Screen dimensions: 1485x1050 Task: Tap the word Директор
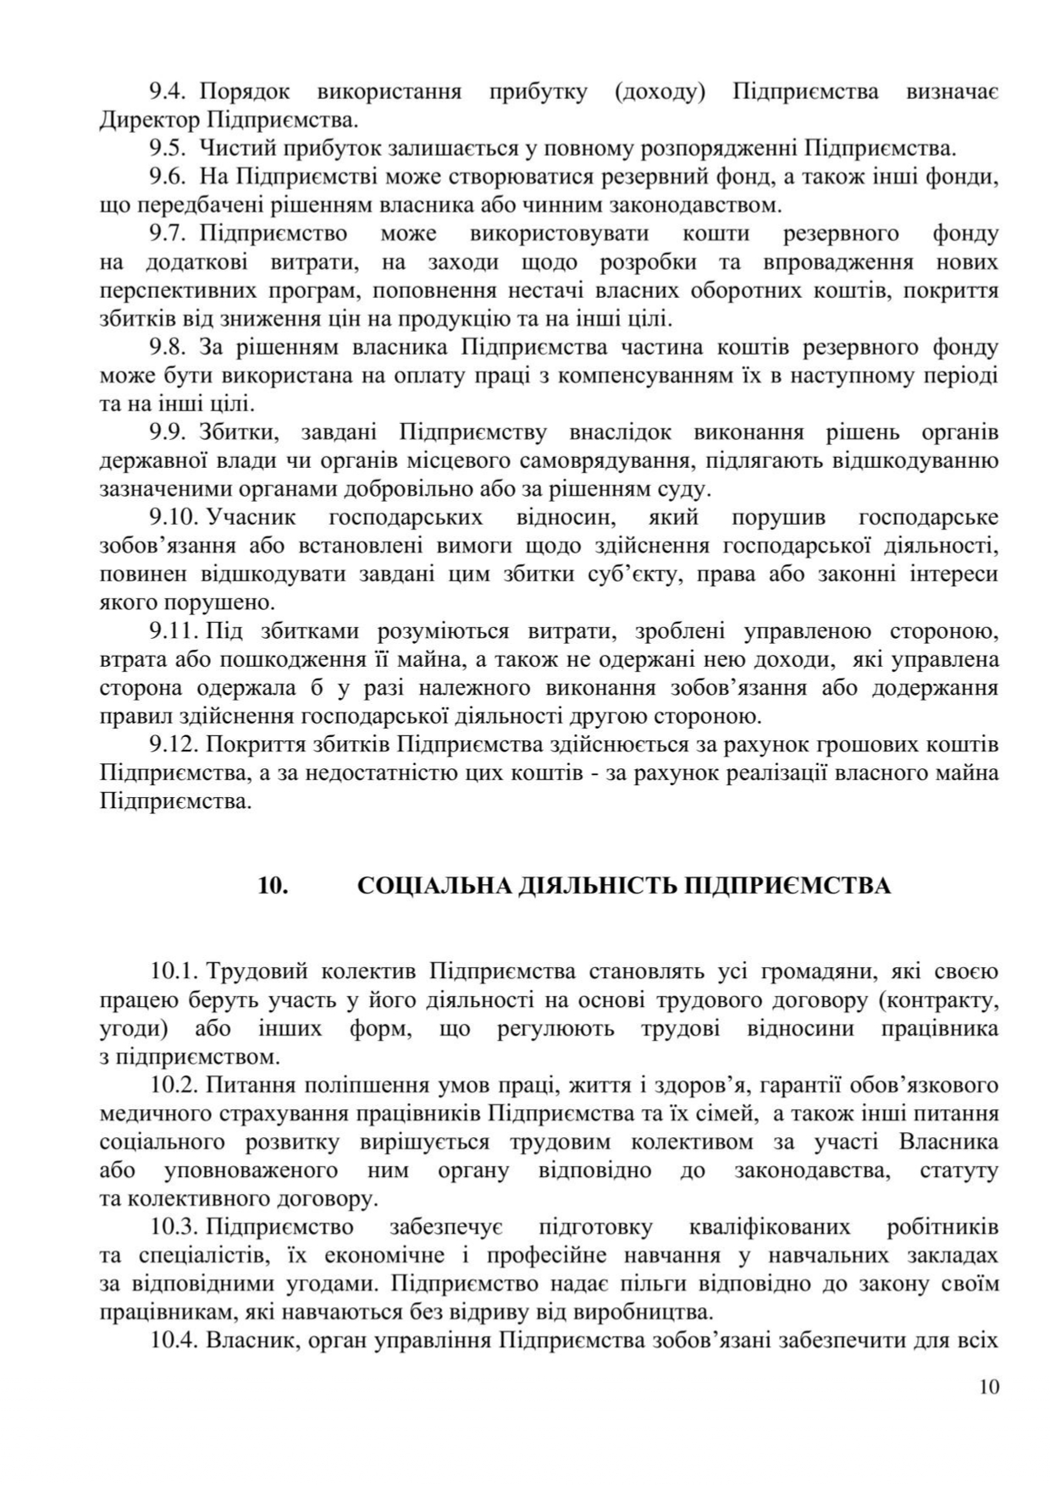[149, 119]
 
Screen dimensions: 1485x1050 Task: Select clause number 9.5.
[168, 148]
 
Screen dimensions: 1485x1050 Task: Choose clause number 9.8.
[168, 347]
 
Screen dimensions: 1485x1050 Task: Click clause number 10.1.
[174, 971]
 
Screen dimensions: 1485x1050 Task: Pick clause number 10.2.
[174, 1085]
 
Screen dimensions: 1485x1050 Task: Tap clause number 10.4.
[174, 1340]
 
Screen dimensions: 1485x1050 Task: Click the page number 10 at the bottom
[988, 1387]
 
